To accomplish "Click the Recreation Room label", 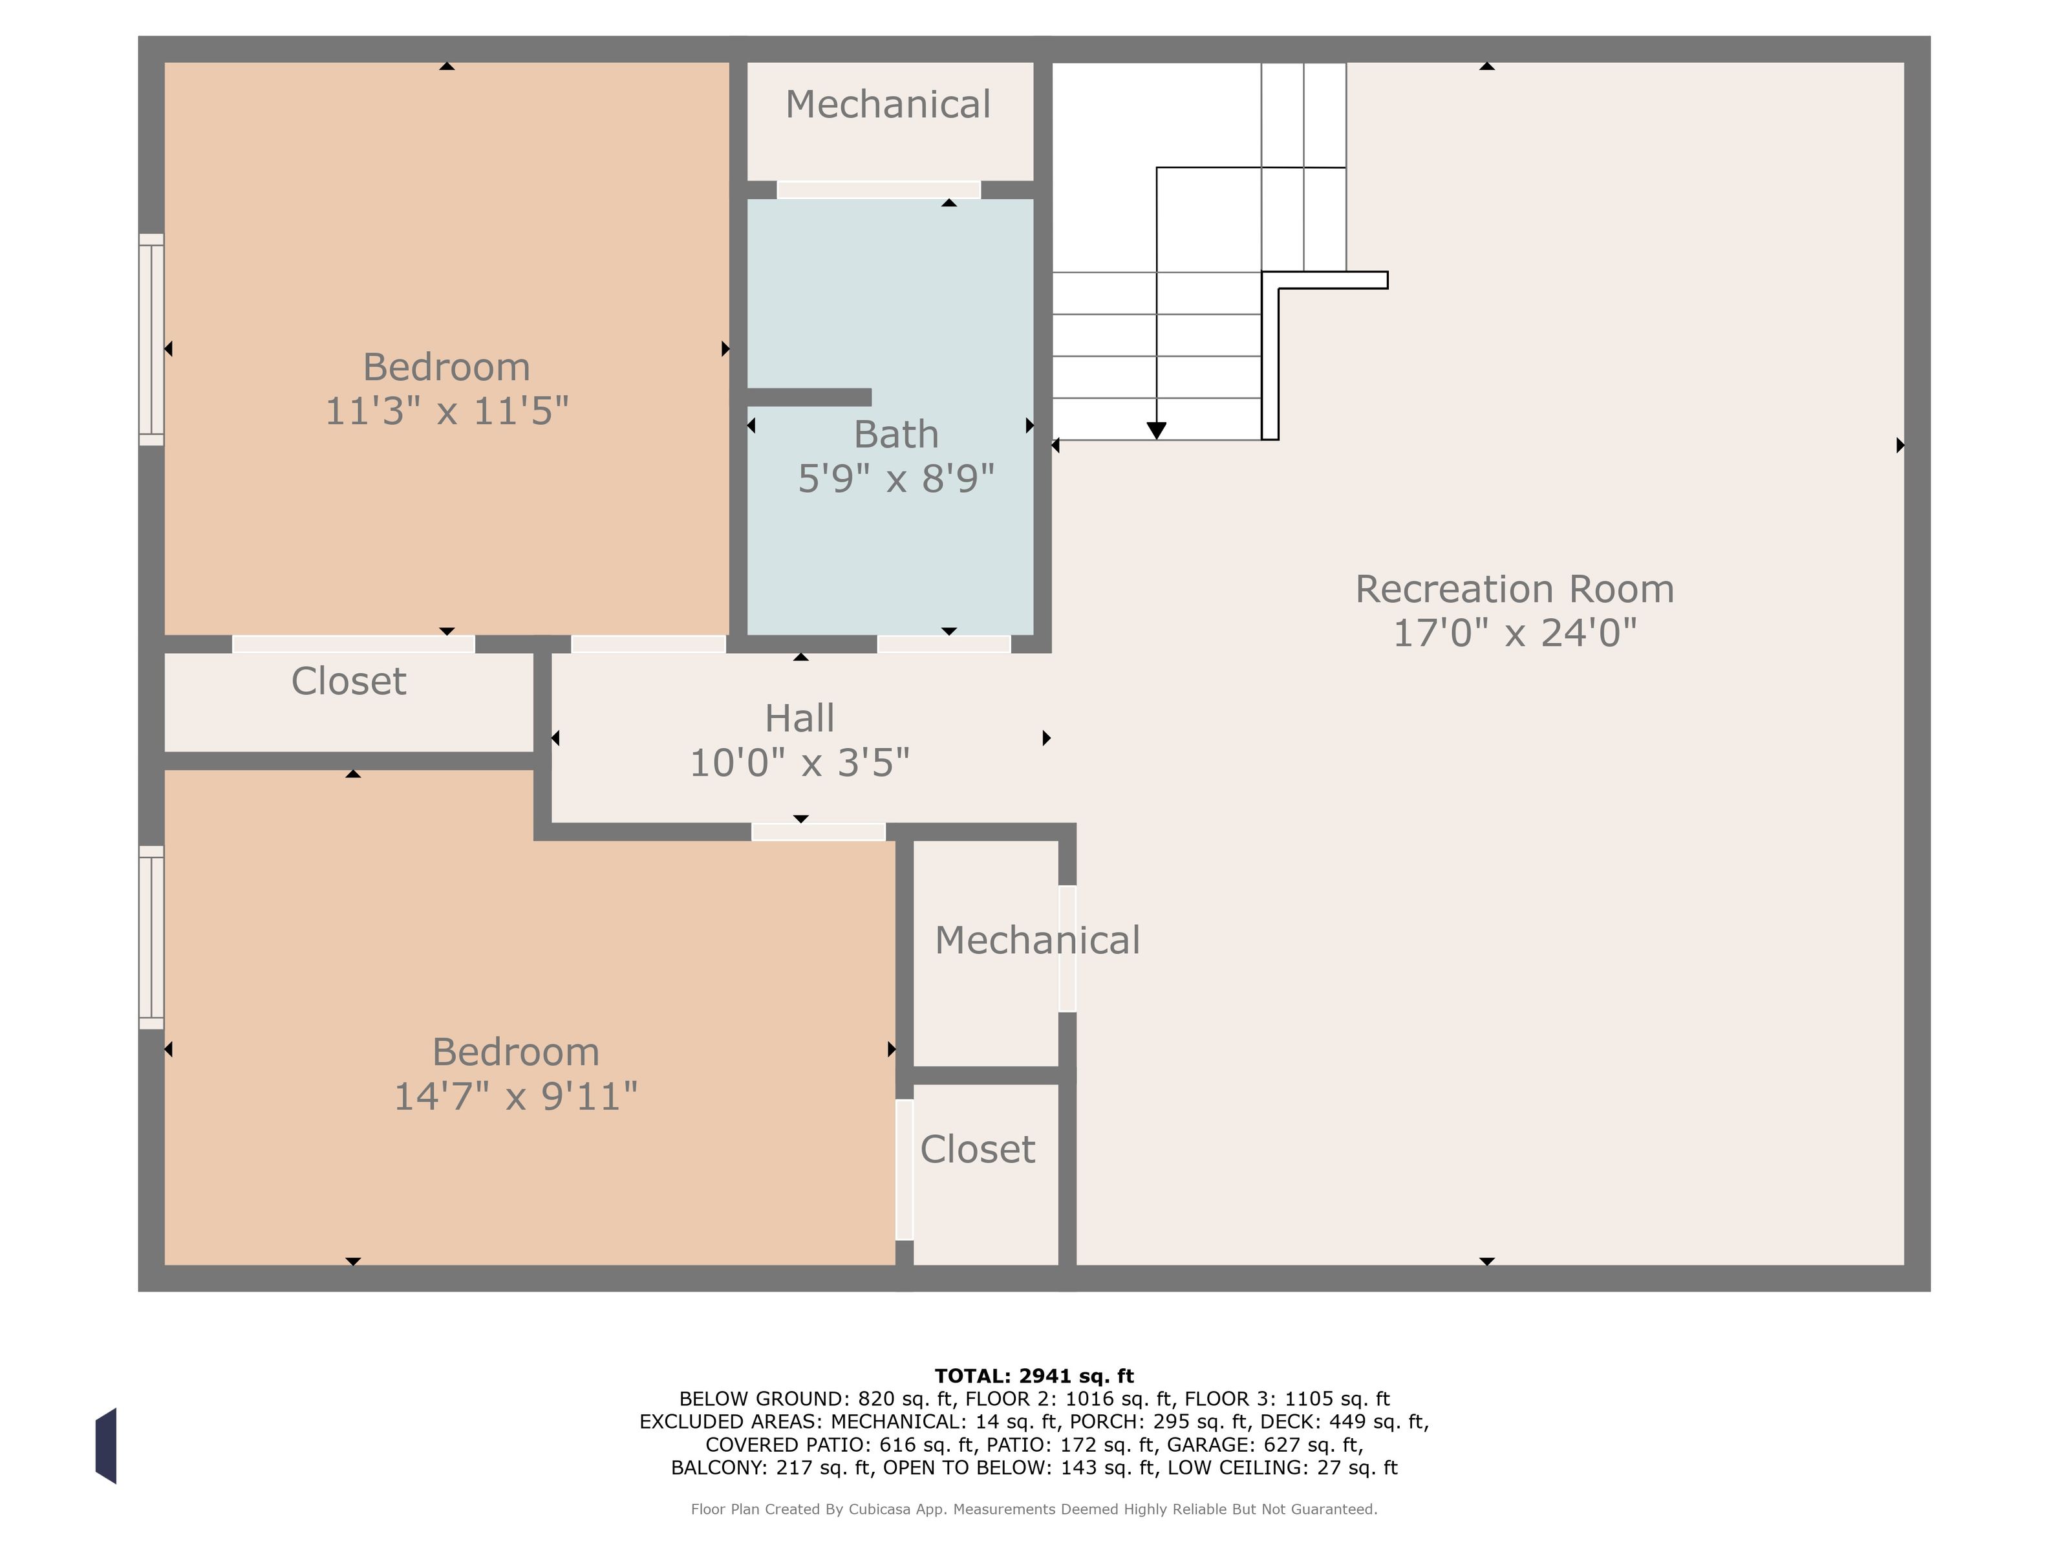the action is coord(1514,589).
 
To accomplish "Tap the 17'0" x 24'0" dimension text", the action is coord(1514,633).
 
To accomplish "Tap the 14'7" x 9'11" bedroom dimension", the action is coord(515,1096).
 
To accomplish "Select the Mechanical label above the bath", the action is coord(888,104).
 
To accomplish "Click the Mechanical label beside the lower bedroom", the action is coord(1037,940).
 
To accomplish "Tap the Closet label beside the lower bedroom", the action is coord(978,1148).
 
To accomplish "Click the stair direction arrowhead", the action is coord(1157,430).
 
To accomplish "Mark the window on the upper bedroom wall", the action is coord(151,339).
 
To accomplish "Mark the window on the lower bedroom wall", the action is coord(151,938).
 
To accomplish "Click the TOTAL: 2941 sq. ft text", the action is coord(1034,1376).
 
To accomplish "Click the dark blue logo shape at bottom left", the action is coord(105,1445).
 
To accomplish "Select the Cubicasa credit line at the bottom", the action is coord(1034,1509).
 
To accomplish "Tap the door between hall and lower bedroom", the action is coord(819,832).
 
